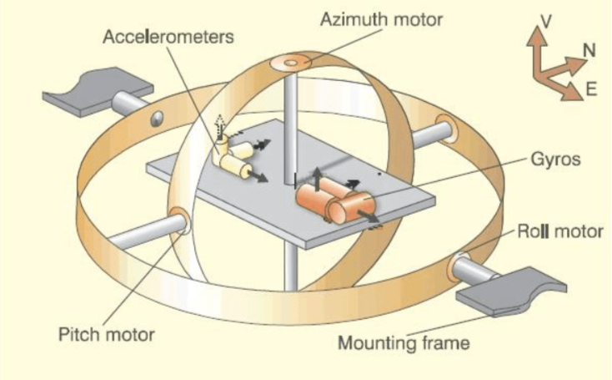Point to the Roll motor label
(559, 231)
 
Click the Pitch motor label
(106, 335)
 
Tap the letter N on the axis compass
(589, 50)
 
